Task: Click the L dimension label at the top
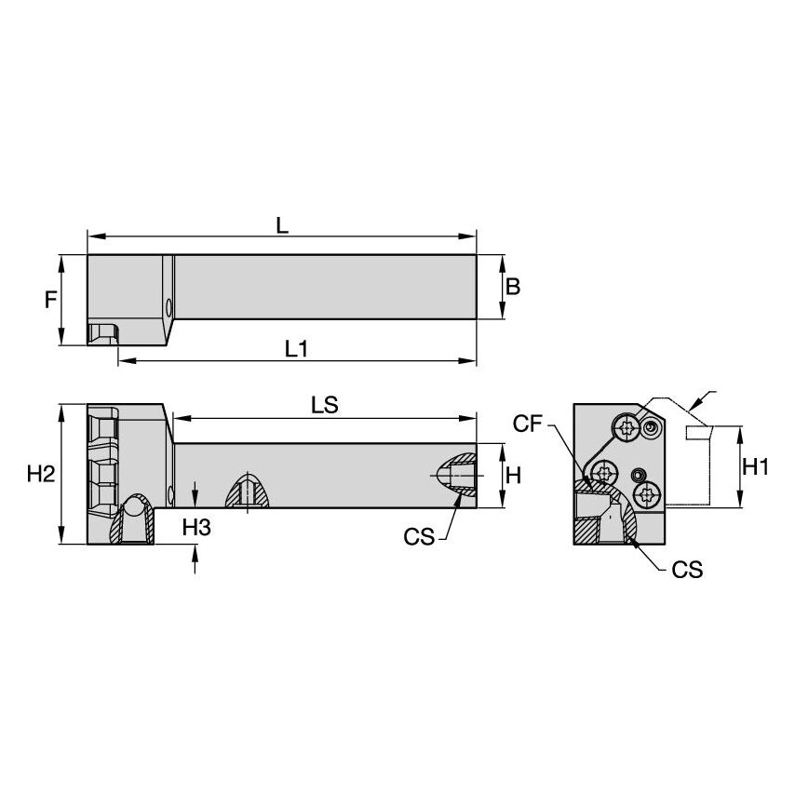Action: (281, 225)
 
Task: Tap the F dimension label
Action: (52, 299)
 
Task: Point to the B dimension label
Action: (513, 287)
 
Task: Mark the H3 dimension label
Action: (195, 527)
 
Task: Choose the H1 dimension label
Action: (754, 467)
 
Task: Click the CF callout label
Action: (526, 424)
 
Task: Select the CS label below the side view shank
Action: (419, 537)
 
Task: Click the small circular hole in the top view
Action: (168, 305)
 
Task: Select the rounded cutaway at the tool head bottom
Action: (134, 521)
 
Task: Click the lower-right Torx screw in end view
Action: (644, 492)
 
